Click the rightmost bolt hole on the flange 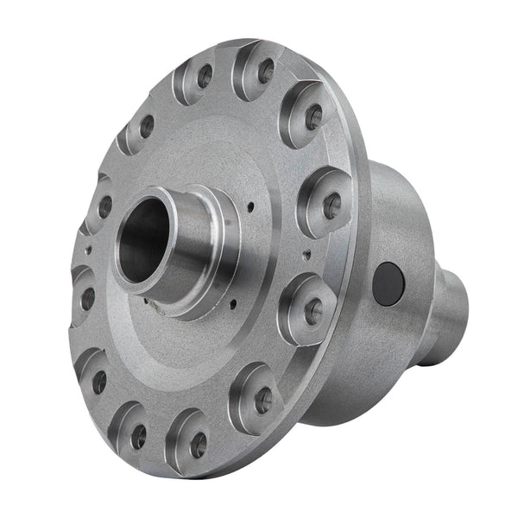click(331, 205)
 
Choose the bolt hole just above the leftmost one click(104, 207)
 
